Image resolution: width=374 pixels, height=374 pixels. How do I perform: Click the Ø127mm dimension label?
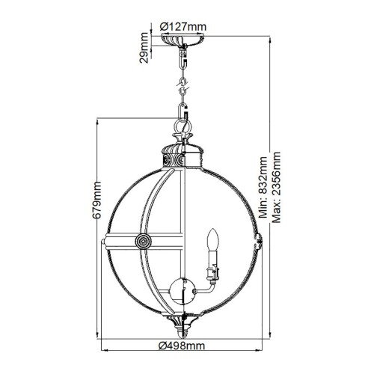click(183, 26)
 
